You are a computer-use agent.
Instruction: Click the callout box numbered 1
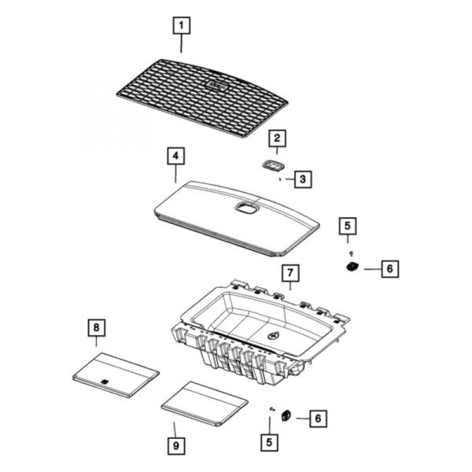point(181,26)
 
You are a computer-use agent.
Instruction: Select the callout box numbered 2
point(276,140)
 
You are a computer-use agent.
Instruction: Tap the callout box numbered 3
point(302,180)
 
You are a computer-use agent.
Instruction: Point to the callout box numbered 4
point(175,156)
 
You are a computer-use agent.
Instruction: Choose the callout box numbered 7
point(289,274)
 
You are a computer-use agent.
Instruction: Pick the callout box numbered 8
point(96,326)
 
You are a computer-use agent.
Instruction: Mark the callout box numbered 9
point(175,446)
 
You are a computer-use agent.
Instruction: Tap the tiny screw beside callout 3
point(280,179)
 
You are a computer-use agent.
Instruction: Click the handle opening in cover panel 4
point(245,208)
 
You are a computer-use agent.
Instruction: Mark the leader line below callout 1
point(181,44)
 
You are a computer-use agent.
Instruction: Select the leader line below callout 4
point(175,174)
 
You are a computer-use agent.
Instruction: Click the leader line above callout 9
point(175,429)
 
